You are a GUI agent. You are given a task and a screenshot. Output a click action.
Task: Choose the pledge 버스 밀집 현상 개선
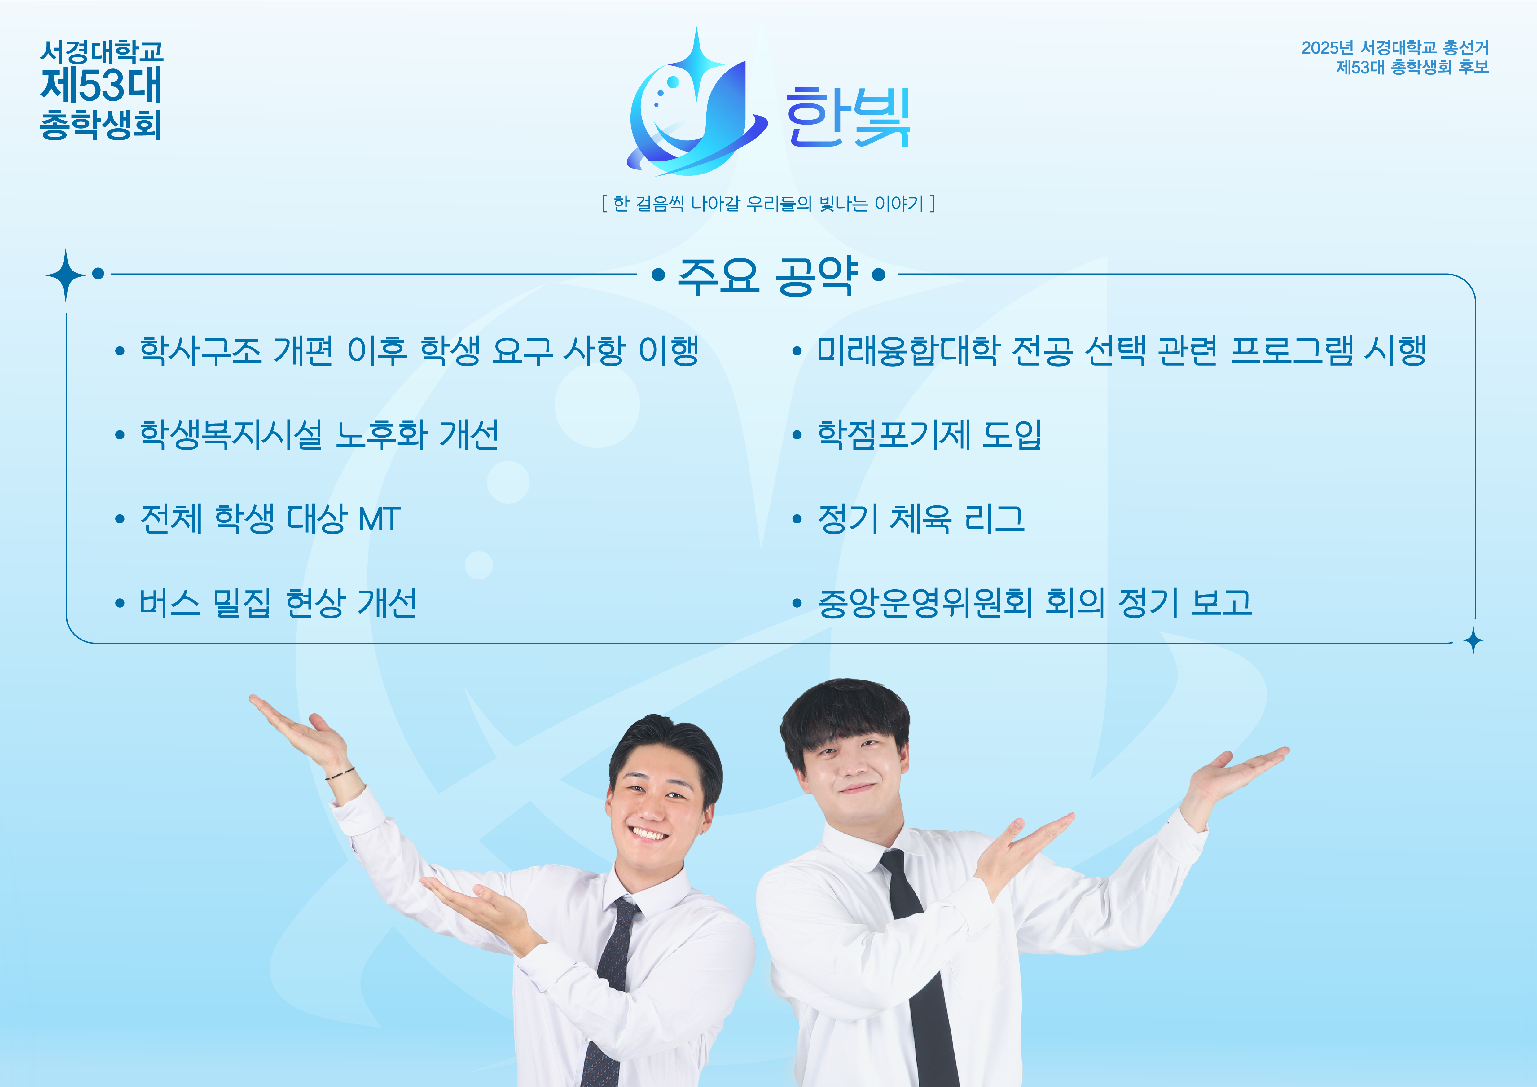278,602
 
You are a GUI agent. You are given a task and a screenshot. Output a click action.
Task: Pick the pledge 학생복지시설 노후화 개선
318,434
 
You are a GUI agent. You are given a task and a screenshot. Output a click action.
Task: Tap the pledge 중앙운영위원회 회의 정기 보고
1034,602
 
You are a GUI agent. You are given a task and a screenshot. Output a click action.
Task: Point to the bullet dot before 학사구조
120,351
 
